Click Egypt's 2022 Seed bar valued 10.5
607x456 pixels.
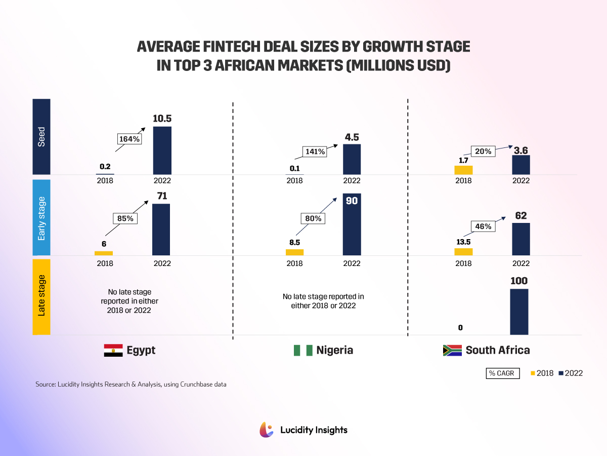click(162, 150)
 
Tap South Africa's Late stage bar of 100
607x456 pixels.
click(519, 312)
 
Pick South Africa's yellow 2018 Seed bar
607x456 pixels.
click(463, 170)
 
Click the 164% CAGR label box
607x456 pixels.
click(129, 139)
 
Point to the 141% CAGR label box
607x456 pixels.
click(315, 151)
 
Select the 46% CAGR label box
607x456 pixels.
click(484, 226)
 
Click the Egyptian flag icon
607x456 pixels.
click(113, 350)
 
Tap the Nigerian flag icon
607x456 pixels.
click(303, 350)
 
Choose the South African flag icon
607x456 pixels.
click(452, 350)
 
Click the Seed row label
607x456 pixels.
click(41, 137)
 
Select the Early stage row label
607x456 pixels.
click(41, 218)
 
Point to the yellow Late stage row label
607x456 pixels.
click(41, 296)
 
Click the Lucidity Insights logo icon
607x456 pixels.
click(267, 430)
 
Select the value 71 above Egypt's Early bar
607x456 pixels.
click(162, 196)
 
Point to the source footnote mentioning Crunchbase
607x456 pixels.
click(131, 385)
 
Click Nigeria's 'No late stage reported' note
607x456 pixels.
click(323, 301)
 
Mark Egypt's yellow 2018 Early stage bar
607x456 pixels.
click(104, 253)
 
